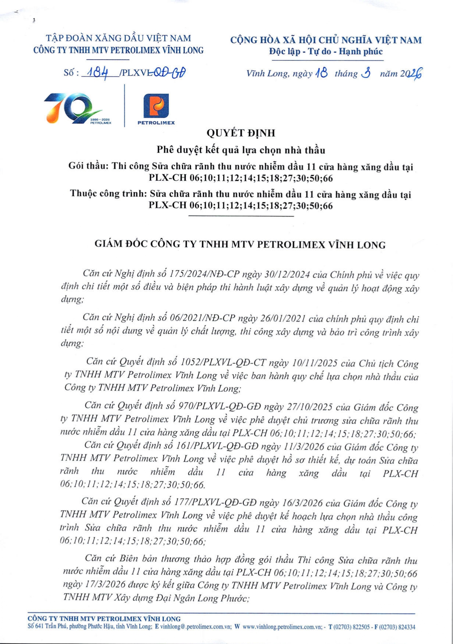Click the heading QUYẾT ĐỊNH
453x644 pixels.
click(241, 133)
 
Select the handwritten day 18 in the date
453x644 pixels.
click(321, 73)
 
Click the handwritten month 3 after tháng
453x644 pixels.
click(366, 73)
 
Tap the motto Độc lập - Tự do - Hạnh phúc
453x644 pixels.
click(326, 52)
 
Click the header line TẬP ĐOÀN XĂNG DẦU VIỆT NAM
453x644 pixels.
click(118, 38)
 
